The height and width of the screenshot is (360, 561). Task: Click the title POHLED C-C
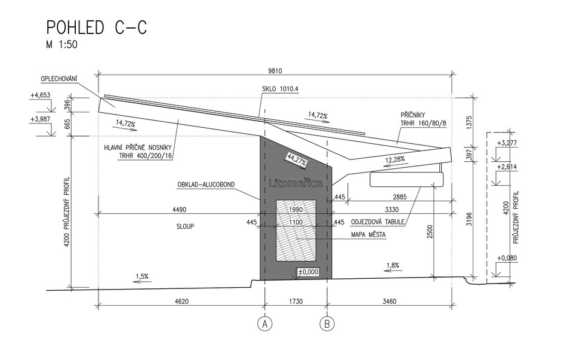tap(97, 27)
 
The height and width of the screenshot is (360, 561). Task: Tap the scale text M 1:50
tap(61, 45)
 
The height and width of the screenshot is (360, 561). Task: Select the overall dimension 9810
tap(275, 71)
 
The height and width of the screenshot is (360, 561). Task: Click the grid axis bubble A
tap(265, 324)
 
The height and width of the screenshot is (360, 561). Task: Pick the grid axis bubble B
tap(327, 324)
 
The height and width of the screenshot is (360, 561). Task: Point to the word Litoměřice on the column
tap(295, 183)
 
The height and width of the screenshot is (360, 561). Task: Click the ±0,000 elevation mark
tap(308, 272)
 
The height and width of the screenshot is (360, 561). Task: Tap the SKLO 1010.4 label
tap(280, 89)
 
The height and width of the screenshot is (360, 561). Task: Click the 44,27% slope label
tap(297, 159)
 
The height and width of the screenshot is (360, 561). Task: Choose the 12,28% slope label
tap(395, 159)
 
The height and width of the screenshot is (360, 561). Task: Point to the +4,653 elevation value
tap(40, 95)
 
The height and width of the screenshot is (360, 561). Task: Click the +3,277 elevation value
tap(507, 143)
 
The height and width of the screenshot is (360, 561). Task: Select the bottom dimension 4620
tap(181, 301)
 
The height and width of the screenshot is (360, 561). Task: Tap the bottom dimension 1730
tap(295, 301)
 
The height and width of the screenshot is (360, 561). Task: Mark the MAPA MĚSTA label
tap(368, 235)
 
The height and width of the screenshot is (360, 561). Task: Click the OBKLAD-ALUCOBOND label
tap(206, 184)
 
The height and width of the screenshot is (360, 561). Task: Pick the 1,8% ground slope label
tap(393, 266)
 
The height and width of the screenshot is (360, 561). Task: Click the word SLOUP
tap(186, 226)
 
